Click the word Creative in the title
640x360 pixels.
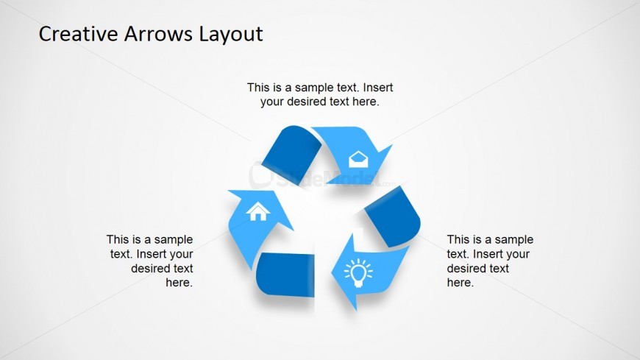click(x=78, y=34)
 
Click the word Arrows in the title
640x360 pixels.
click(x=158, y=34)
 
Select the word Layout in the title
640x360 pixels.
click(x=231, y=35)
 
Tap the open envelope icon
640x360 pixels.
click(x=358, y=159)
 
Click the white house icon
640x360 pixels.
click(x=257, y=211)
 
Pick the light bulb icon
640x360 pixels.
click(x=358, y=272)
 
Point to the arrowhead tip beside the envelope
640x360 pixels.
click(x=392, y=144)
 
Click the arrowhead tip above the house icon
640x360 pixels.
click(x=228, y=191)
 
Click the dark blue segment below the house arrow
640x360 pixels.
click(x=285, y=275)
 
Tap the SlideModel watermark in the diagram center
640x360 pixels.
click(x=322, y=177)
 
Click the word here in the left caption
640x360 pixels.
click(x=179, y=283)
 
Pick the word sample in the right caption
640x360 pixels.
click(x=514, y=240)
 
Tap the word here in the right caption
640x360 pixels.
click(x=461, y=283)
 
